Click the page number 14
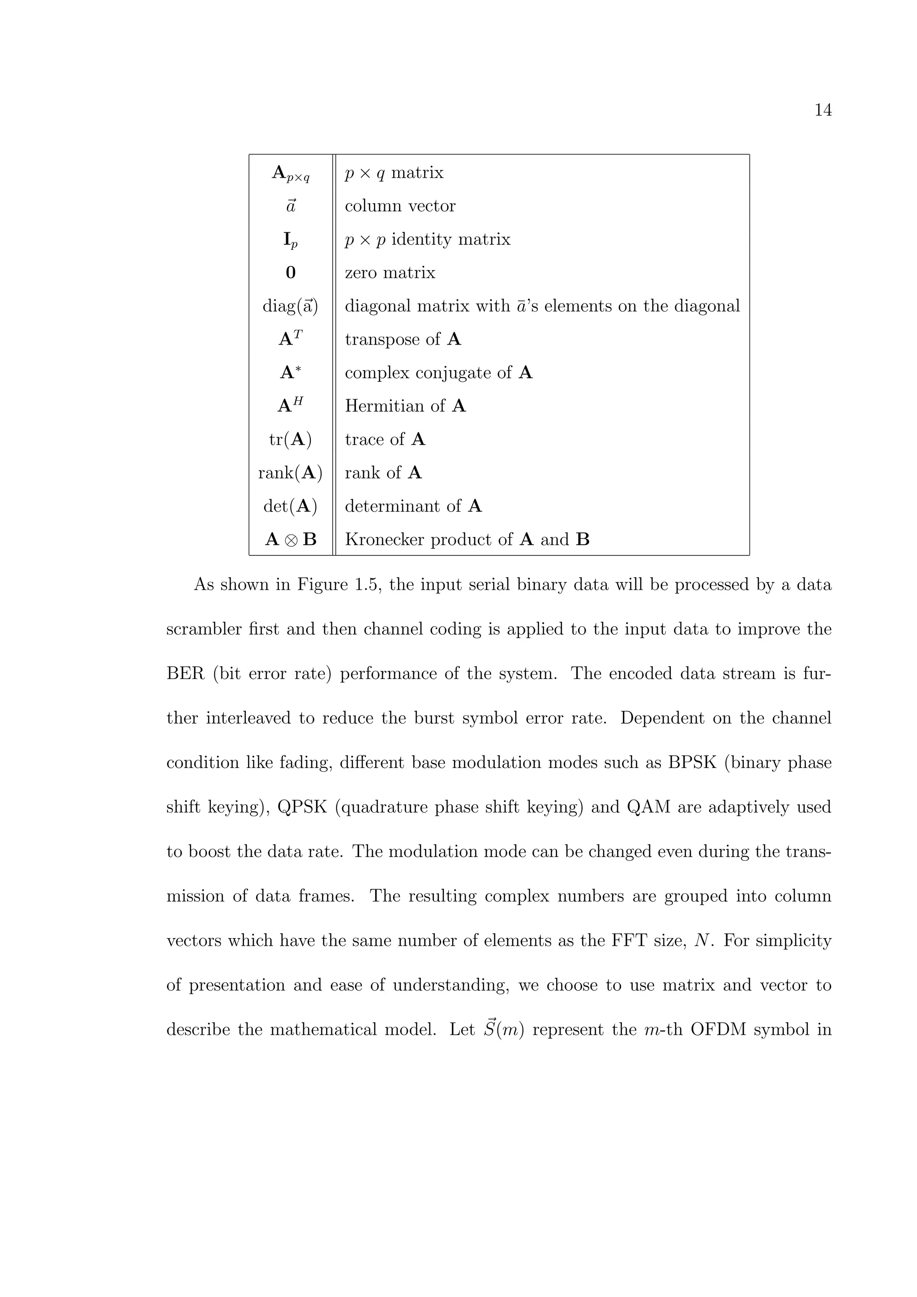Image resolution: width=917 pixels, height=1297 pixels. (x=823, y=111)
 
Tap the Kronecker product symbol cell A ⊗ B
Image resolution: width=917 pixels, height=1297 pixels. (x=291, y=539)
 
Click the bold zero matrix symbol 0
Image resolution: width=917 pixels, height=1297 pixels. (x=291, y=273)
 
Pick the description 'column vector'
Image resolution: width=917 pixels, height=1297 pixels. (x=400, y=206)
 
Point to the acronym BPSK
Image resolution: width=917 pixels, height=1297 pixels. (x=692, y=763)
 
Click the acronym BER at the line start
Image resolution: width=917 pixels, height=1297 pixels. (x=185, y=674)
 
